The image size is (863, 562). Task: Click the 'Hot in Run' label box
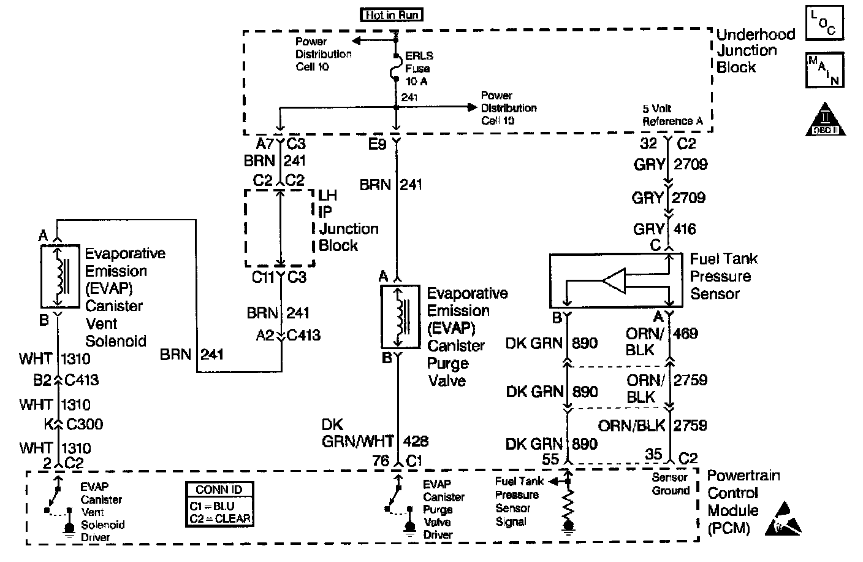point(392,14)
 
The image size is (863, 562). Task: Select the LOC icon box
point(824,23)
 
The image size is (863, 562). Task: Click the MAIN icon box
point(824,70)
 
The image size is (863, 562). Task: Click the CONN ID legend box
point(219,504)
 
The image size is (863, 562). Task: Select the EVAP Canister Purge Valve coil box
point(400,316)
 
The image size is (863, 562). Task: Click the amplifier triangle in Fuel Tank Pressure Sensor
point(614,281)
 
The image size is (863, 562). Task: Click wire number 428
point(416,441)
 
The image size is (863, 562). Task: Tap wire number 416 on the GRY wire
point(684,229)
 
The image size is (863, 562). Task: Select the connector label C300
point(84,424)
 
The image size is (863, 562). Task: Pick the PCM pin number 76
point(381,460)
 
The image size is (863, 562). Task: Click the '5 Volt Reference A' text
point(672,115)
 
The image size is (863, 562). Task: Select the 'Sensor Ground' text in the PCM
point(671,484)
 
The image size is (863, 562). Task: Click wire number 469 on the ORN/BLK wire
point(686,334)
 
